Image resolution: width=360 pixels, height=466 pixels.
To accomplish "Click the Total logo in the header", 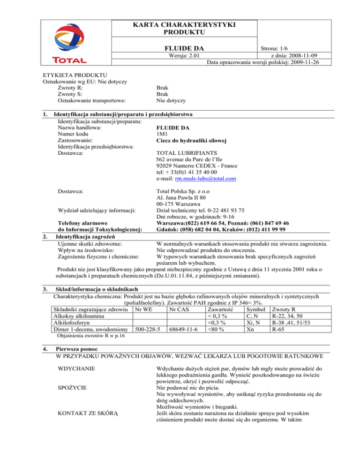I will (69, 45).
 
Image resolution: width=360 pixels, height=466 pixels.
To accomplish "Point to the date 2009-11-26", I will (297, 63).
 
